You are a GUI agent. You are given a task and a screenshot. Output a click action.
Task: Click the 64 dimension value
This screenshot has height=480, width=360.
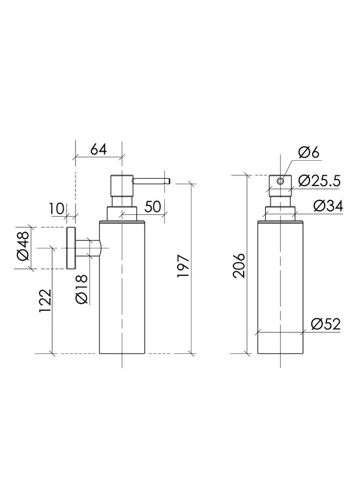point(98,149)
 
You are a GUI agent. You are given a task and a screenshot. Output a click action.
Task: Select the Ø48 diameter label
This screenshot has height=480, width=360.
point(23,248)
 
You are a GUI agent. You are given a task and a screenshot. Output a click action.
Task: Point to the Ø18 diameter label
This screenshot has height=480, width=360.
point(81,289)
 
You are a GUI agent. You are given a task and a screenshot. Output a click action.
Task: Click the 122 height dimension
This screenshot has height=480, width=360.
point(45,301)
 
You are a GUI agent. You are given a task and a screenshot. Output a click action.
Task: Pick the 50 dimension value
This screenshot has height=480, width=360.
point(152,206)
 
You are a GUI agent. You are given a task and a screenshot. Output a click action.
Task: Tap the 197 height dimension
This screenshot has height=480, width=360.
point(184,266)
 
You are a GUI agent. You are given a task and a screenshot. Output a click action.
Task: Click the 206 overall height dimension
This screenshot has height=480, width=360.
point(239,265)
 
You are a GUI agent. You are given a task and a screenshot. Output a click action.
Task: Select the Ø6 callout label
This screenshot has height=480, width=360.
point(308,152)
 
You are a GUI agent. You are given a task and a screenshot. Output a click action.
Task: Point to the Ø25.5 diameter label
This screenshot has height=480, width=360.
point(319,181)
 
